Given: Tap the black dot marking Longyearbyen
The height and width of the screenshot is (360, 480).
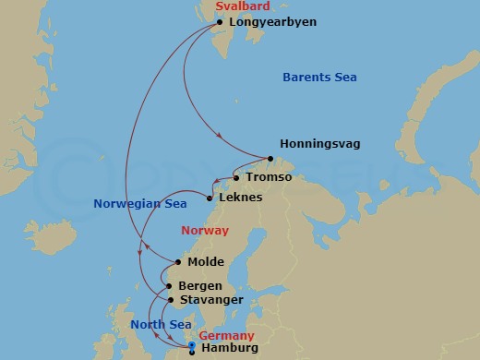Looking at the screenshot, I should [219, 22].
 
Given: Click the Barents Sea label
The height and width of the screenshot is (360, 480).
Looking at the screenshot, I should [318, 78].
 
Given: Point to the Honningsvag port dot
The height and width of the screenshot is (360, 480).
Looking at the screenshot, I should [270, 144].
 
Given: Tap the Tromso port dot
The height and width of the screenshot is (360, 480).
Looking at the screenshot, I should [236, 177].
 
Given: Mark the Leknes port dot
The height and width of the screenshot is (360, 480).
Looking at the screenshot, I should [210, 198].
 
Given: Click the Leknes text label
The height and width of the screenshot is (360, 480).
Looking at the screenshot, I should [242, 198].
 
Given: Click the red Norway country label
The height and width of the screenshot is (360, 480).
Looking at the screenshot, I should [205, 231].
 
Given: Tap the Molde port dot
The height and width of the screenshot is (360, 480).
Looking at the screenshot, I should [178, 262].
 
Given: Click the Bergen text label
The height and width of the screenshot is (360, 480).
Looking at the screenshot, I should [200, 286].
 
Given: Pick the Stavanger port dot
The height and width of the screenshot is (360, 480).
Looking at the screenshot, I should [172, 300].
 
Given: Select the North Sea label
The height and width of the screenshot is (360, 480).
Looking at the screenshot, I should [161, 324].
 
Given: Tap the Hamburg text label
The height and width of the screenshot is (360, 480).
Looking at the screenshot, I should [227, 351].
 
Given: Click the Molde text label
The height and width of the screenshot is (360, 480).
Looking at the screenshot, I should [206, 262].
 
